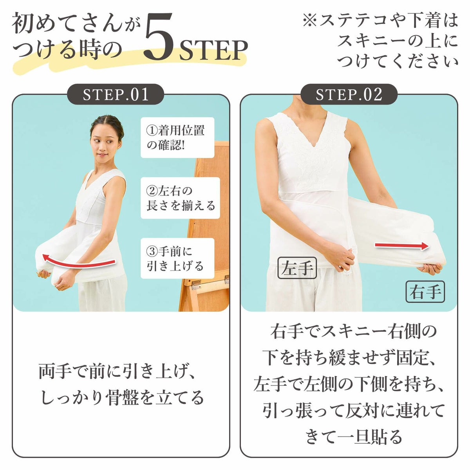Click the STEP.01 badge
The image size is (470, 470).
point(116,94)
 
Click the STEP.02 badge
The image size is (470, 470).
point(349,94)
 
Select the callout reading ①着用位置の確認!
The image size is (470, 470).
point(177,137)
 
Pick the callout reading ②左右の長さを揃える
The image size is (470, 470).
point(180,198)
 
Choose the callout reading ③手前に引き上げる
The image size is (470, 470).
point(177,258)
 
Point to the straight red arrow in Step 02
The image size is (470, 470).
point(401,246)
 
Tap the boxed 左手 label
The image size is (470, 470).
point(297,268)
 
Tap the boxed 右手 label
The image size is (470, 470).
point(425,292)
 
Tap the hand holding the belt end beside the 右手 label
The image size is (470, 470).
point(429,268)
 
